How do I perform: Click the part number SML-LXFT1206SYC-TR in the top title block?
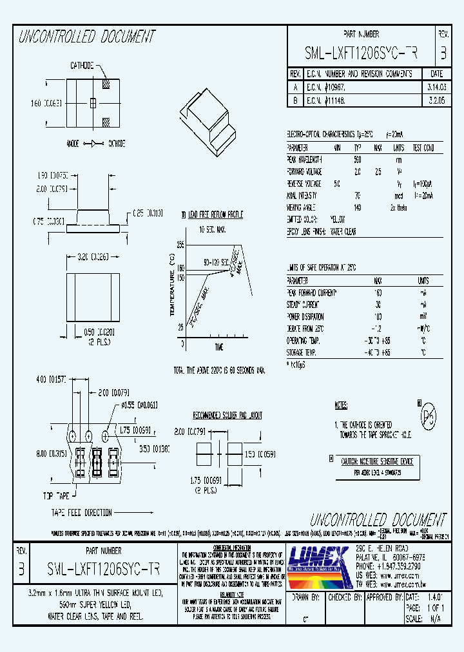pyautogui.click(x=361, y=54)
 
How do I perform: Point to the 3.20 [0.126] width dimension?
pyautogui.click(x=93, y=256)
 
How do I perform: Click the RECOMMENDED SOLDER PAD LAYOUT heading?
pyautogui.click(x=227, y=416)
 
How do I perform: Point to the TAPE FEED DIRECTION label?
pyautogui.click(x=82, y=513)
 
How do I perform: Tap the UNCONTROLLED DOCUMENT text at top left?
pyautogui.click(x=88, y=37)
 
